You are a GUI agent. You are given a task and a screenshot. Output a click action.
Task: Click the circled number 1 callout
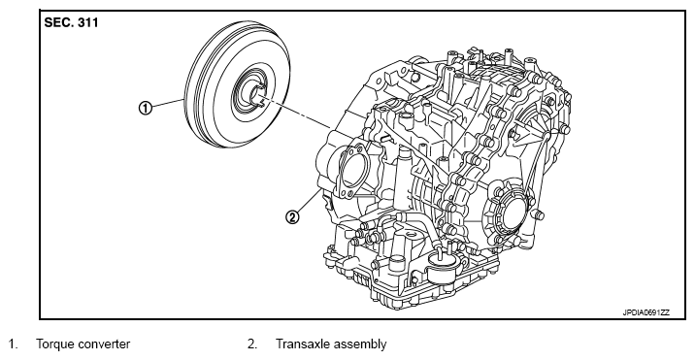pyautogui.click(x=145, y=108)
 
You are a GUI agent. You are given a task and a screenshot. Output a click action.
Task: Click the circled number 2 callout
pyautogui.click(x=292, y=217)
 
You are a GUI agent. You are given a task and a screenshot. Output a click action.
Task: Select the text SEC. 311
pyautogui.click(x=71, y=22)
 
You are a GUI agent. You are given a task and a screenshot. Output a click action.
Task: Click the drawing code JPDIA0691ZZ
pyautogui.click(x=645, y=312)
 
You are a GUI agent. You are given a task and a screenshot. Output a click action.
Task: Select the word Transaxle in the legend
pyautogui.click(x=302, y=344)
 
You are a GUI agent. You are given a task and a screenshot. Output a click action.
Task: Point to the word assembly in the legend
pyautogui.click(x=359, y=344)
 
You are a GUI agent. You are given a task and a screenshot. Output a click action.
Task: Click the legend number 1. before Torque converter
pyautogui.click(x=14, y=344)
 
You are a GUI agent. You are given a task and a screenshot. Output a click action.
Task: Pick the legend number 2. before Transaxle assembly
pyautogui.click(x=252, y=344)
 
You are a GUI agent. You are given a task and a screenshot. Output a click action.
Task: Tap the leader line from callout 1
pyautogui.click(x=167, y=104)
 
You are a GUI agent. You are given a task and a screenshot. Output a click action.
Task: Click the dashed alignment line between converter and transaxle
pyautogui.click(x=296, y=114)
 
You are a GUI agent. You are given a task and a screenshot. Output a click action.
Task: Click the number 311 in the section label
pyautogui.click(x=88, y=22)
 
